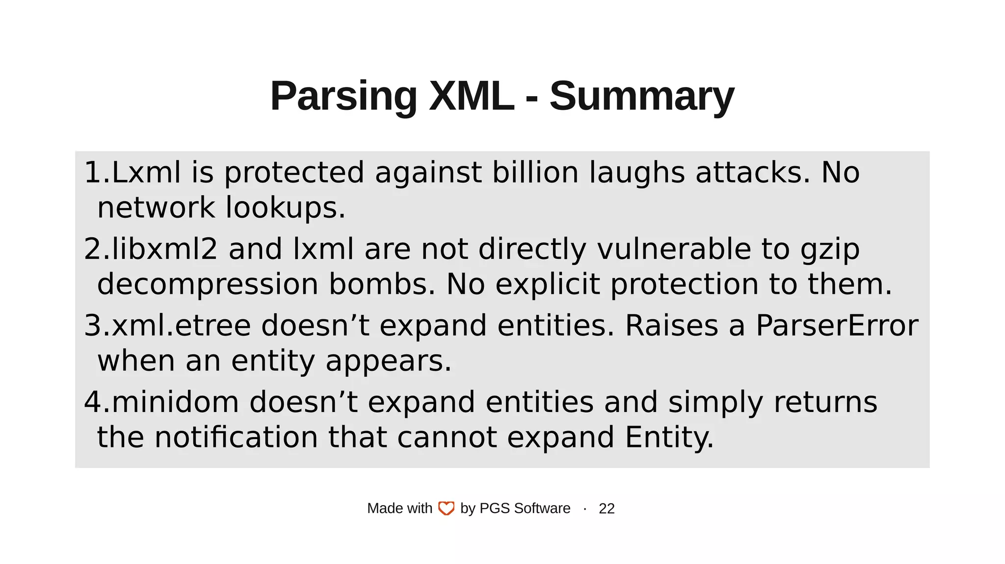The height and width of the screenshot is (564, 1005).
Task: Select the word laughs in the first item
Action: (x=636, y=173)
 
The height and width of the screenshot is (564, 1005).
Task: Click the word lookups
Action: (x=285, y=208)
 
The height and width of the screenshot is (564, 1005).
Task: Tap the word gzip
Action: (x=830, y=250)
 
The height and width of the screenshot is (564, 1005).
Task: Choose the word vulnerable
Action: (x=674, y=249)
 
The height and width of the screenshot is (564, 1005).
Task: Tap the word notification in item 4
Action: (x=236, y=437)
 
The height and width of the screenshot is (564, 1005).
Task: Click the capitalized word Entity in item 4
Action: (x=669, y=437)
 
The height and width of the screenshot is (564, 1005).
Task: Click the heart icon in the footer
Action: (x=446, y=509)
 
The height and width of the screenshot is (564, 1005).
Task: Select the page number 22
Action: (x=607, y=509)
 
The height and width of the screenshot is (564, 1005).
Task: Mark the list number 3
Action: (x=93, y=326)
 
